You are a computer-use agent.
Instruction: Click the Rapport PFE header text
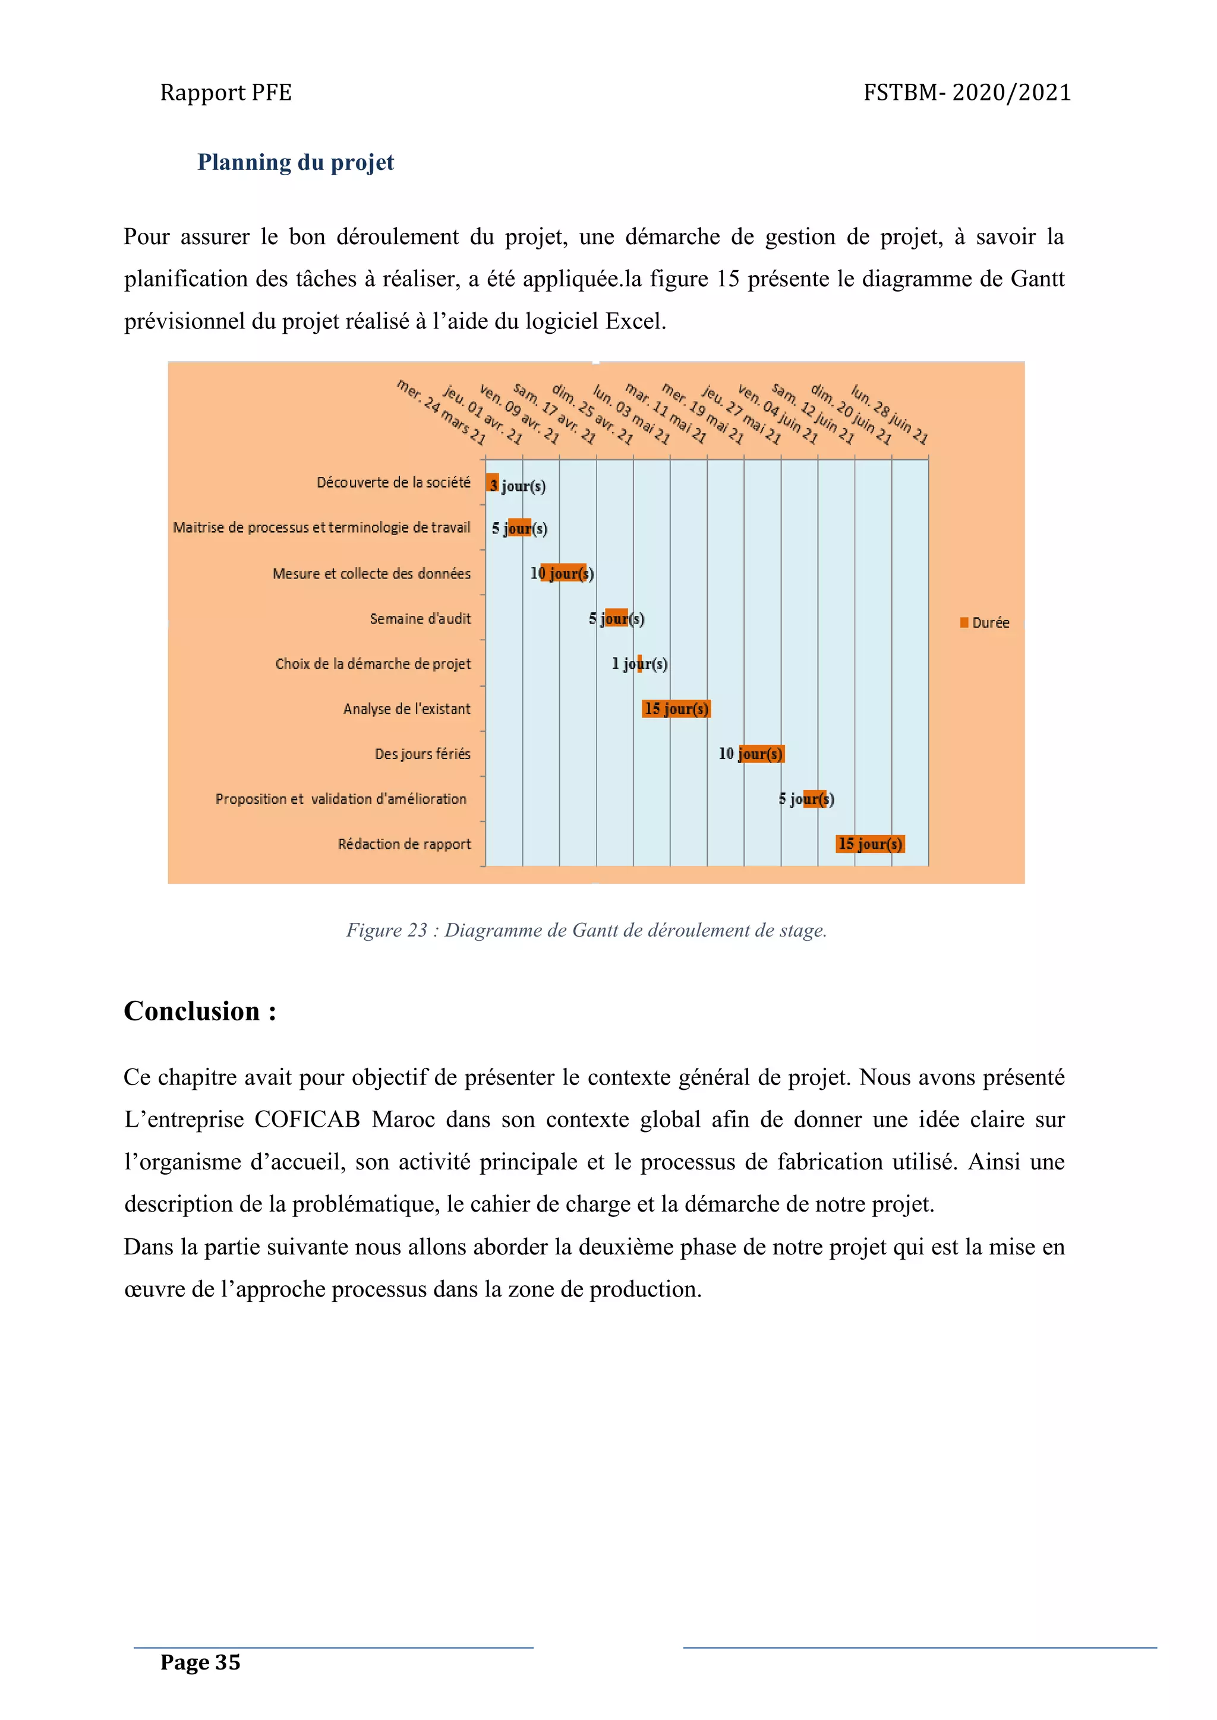(226, 92)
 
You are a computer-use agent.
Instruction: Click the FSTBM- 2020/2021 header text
(967, 92)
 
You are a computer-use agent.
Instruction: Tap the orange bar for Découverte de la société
(493, 483)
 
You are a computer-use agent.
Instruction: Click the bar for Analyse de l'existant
(676, 709)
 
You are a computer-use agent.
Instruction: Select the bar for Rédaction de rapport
(870, 845)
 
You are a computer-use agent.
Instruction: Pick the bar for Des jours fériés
(761, 754)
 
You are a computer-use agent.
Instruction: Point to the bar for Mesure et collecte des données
(563, 573)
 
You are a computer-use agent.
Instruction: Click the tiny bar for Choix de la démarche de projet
(639, 664)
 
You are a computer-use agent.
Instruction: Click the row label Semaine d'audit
(420, 619)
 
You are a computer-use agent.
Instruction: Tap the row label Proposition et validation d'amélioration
(340, 799)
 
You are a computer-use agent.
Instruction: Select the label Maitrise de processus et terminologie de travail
(321, 527)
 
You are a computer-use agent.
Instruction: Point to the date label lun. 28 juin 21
(890, 413)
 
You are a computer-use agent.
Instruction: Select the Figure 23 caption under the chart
(586, 931)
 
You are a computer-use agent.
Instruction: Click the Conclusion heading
(200, 1011)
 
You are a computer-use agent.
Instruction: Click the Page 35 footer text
(200, 1662)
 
